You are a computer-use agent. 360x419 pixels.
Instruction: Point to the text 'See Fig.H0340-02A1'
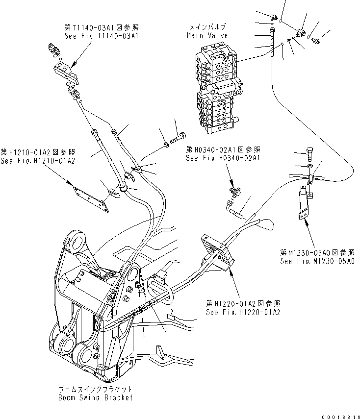(x=223, y=158)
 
